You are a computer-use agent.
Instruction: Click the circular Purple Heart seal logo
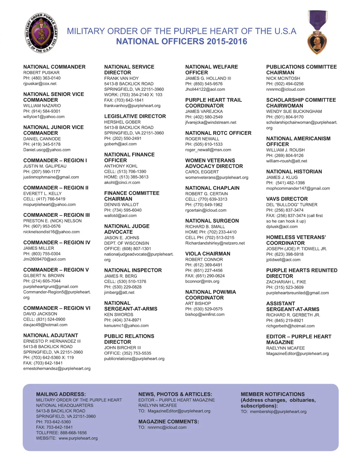point(41,33)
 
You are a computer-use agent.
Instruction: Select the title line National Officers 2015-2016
point(181,41)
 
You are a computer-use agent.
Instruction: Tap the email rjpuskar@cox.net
point(40,84)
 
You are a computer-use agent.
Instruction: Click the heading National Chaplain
point(212,188)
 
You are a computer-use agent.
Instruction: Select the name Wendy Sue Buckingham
point(294,111)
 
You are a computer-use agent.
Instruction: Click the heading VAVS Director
point(287,199)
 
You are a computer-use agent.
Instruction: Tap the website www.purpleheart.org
point(78,438)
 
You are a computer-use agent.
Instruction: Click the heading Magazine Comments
point(168,422)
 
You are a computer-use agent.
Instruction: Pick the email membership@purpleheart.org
point(278,412)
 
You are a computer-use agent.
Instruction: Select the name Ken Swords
point(118,315)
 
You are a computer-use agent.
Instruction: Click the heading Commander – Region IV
point(57,243)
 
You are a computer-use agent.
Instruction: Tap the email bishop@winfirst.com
point(205,314)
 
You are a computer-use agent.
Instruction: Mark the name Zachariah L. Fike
point(286,282)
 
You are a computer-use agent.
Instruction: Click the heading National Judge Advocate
point(127,229)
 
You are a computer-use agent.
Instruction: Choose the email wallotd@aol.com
point(120,216)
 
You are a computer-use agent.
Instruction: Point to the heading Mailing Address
point(61,394)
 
